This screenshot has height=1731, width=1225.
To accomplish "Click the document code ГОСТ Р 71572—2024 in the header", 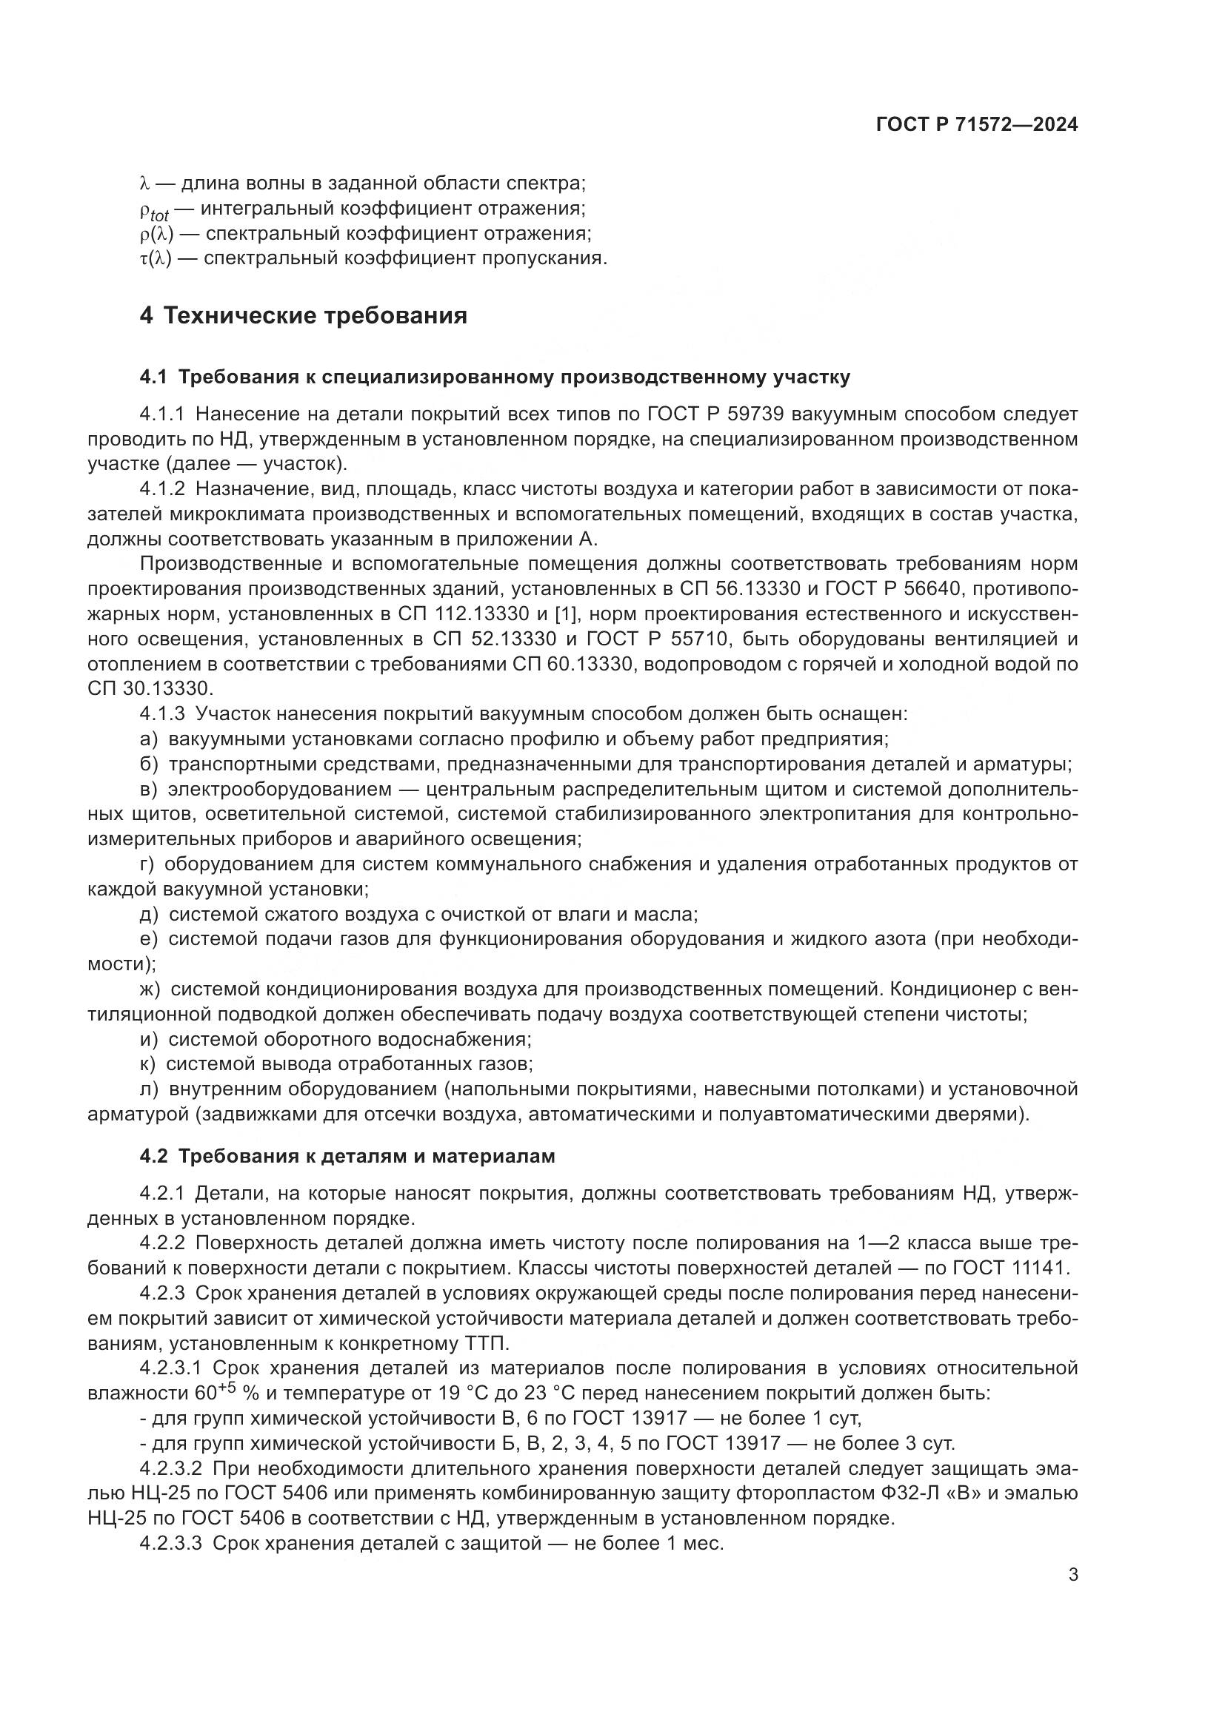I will coord(977,125).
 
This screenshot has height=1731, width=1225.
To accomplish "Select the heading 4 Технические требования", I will coord(303,315).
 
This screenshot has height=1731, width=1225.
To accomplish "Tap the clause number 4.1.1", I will coord(162,414).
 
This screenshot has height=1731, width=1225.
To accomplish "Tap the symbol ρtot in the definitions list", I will coord(154,209).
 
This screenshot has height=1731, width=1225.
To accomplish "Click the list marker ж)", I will coord(151,989).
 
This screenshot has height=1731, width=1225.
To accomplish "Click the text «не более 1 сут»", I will coord(789,1418).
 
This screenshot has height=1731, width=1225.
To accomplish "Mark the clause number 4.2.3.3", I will coord(171,1543).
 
